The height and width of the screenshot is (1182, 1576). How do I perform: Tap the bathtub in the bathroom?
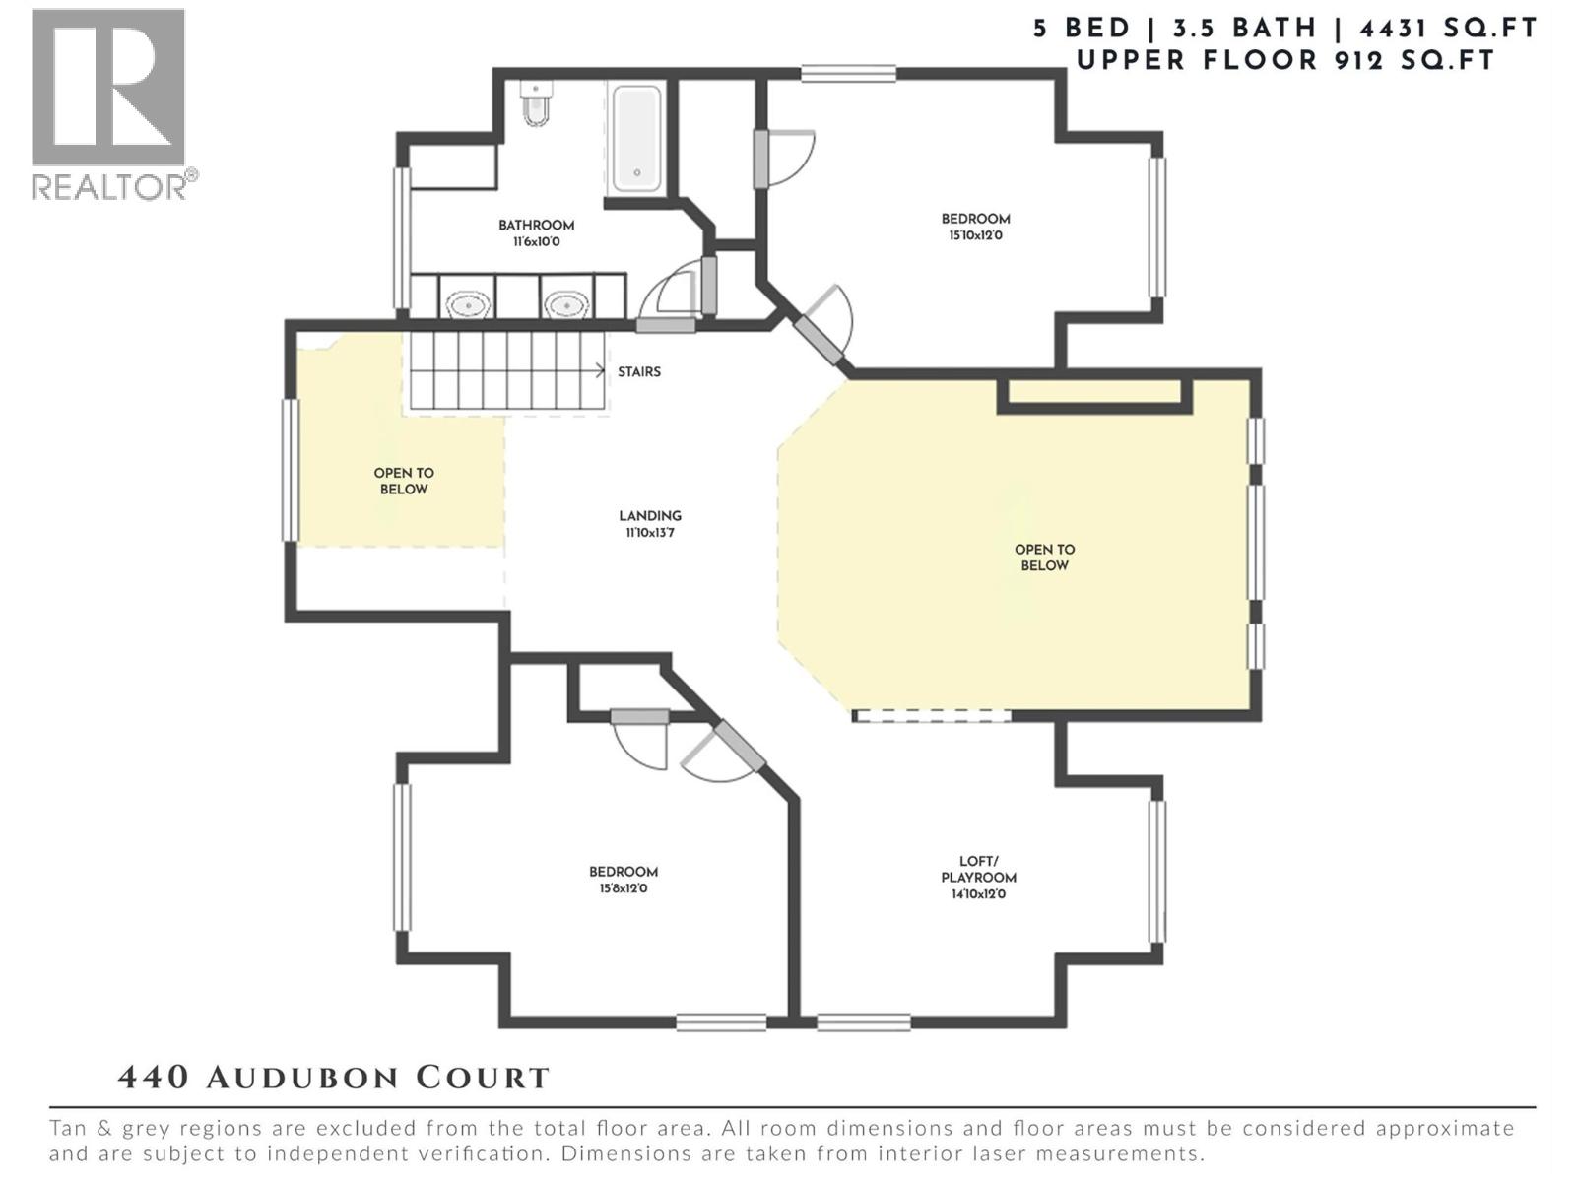[x=636, y=139]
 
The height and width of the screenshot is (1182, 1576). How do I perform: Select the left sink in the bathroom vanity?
[x=468, y=304]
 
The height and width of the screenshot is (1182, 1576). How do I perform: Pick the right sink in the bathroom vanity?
[x=565, y=304]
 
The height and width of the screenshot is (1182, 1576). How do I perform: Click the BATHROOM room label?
[x=536, y=226]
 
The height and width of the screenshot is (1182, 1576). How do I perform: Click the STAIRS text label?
[x=639, y=372]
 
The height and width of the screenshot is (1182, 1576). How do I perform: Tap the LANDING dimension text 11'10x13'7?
[x=649, y=533]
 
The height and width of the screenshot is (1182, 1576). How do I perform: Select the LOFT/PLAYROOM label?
[x=978, y=869]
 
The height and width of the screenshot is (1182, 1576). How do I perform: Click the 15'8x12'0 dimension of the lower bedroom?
[x=623, y=888]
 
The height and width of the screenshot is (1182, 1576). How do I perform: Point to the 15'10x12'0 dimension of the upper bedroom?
[x=975, y=235]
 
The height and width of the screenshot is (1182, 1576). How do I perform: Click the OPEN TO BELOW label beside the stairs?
[x=404, y=481]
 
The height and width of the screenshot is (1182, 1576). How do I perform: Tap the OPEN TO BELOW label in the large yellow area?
[x=1044, y=558]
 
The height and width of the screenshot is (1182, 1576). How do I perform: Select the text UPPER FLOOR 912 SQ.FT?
[x=1285, y=60]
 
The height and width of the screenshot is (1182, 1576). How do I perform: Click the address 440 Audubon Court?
[x=333, y=1078]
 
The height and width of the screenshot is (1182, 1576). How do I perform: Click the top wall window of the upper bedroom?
[x=848, y=73]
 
